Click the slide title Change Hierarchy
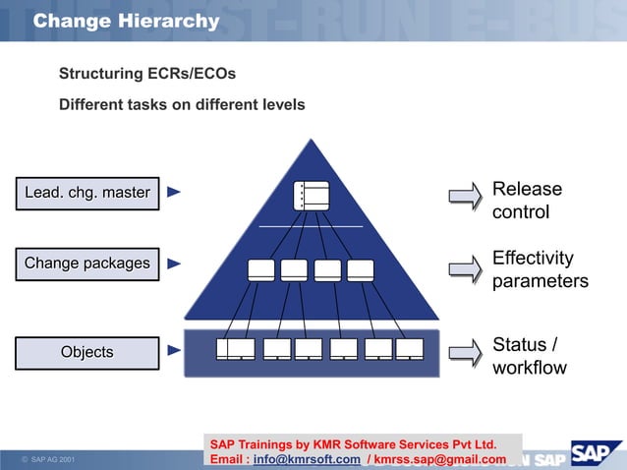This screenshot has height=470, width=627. tap(126, 21)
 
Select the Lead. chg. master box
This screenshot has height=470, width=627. tap(86, 193)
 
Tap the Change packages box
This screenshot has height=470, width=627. tap(86, 264)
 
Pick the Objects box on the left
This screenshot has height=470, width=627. tap(86, 352)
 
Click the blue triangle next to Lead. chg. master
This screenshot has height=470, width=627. tap(174, 193)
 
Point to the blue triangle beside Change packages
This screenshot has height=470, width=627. tap(174, 264)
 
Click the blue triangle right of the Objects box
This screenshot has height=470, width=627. tap(174, 350)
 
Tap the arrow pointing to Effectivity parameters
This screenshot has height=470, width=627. tap(465, 268)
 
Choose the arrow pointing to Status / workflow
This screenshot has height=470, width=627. tap(465, 354)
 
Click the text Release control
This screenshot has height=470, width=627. tap(527, 201)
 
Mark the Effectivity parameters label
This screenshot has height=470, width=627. tap(540, 269)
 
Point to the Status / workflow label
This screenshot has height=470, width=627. tap(529, 356)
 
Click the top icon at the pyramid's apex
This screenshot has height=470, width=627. tap(311, 195)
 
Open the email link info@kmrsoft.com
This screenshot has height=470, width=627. tap(306, 459)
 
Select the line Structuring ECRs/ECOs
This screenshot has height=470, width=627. tap(147, 74)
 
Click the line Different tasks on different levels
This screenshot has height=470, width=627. tap(182, 104)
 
